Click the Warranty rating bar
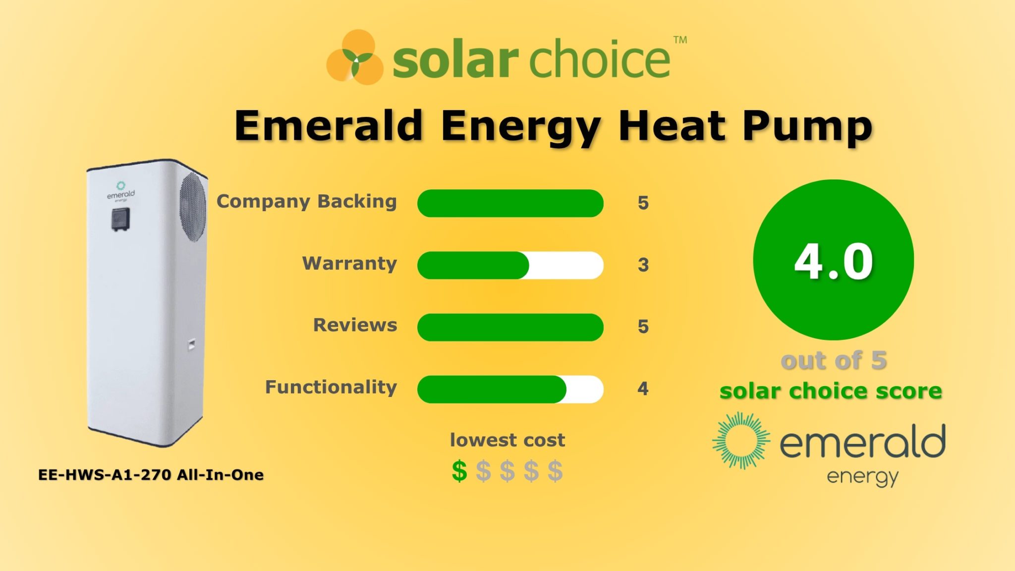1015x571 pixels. coord(510,265)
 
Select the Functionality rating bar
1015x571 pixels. coord(510,389)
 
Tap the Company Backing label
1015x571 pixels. coord(307,202)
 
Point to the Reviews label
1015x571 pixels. coord(355,325)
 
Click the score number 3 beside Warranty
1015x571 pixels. coord(643,265)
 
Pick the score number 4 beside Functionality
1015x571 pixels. coord(643,389)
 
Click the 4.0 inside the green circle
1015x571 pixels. coord(833,261)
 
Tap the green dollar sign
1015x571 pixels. coord(459,471)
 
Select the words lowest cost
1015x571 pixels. coord(507,440)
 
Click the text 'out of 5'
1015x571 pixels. coord(833,360)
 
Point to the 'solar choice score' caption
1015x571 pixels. coord(831,391)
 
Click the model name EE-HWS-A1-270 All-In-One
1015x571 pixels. coord(151,475)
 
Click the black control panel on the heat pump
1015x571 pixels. coord(120,219)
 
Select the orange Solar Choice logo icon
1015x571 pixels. coord(354,57)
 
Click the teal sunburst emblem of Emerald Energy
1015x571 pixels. coord(741,441)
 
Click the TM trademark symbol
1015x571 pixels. coord(680,40)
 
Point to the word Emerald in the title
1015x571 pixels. coord(329,126)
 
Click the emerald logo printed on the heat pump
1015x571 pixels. coord(120,192)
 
